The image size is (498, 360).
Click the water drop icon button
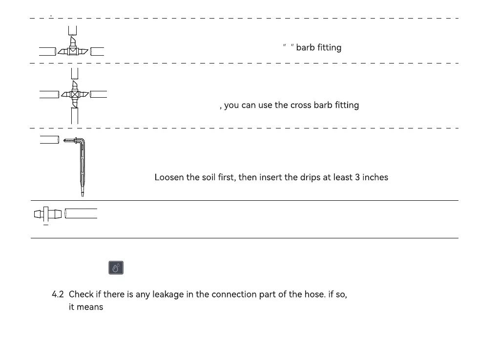point(116,268)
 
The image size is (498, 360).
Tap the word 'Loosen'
point(169,177)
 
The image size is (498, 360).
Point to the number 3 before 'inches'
point(357,177)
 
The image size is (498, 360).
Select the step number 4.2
point(58,295)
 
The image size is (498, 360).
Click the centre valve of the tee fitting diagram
point(73,51)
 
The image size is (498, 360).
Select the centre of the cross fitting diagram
point(75,95)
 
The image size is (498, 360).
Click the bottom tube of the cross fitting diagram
point(75,116)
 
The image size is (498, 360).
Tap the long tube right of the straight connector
point(81,213)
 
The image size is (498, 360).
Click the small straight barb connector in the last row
point(47,214)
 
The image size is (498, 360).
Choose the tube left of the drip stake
point(49,140)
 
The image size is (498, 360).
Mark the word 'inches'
point(375,177)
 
